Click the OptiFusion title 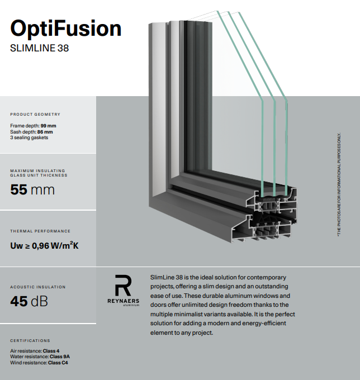point(66,28)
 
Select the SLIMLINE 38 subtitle point(40,48)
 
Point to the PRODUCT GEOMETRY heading point(35,115)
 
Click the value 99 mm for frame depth point(48,126)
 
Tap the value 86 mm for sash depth point(46,132)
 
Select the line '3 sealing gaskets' point(29,137)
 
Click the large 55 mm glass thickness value point(32,189)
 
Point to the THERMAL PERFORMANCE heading point(40,231)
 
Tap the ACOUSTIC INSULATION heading point(38,287)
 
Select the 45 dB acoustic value point(29,301)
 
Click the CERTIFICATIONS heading point(30,340)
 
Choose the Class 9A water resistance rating point(59,357)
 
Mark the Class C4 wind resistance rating point(58,363)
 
